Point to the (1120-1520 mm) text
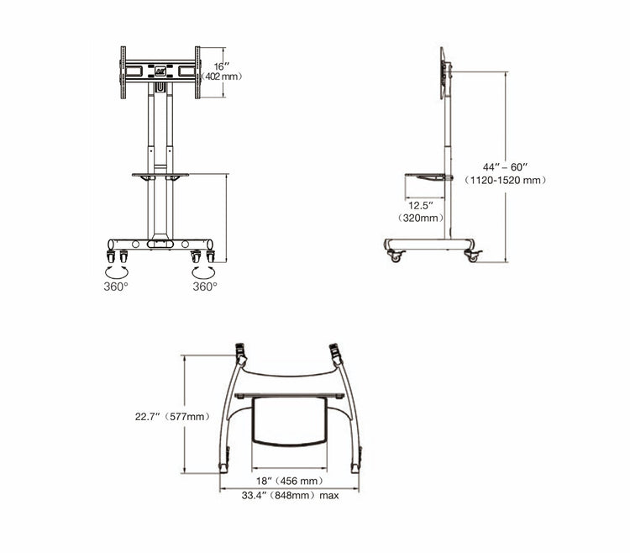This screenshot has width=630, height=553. [x=506, y=180]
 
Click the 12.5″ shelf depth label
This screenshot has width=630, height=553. [x=421, y=205]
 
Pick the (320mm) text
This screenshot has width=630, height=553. [x=421, y=219]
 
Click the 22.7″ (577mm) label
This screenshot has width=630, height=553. [x=172, y=416]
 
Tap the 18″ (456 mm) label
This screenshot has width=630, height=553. [x=288, y=481]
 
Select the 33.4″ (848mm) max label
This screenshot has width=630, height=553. [x=290, y=496]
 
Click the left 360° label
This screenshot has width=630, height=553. [x=115, y=287]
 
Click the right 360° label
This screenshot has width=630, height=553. [x=205, y=287]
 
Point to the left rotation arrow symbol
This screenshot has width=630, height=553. [x=116, y=271]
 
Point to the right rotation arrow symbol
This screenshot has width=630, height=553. [x=203, y=271]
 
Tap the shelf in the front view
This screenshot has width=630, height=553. [x=160, y=175]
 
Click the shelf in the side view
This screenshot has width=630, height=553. [x=428, y=176]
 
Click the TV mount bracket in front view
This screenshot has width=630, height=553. [x=160, y=72]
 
